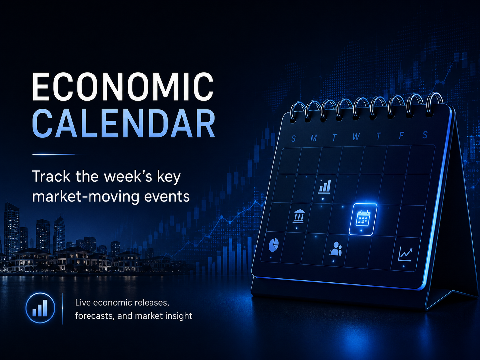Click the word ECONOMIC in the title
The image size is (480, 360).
point(123,87)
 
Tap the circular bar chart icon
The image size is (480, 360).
point(40,308)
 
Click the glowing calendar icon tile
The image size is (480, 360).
point(363,219)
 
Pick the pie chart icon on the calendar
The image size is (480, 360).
point(273,245)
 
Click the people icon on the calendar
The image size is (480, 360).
point(335,249)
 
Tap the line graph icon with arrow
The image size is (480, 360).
point(405,254)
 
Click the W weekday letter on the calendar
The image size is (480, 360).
point(356,137)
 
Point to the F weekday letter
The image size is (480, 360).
point(401,136)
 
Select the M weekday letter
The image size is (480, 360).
point(314,138)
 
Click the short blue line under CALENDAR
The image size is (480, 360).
point(54,154)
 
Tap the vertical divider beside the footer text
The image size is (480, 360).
point(62,309)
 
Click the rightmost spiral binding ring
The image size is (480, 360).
point(433,104)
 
